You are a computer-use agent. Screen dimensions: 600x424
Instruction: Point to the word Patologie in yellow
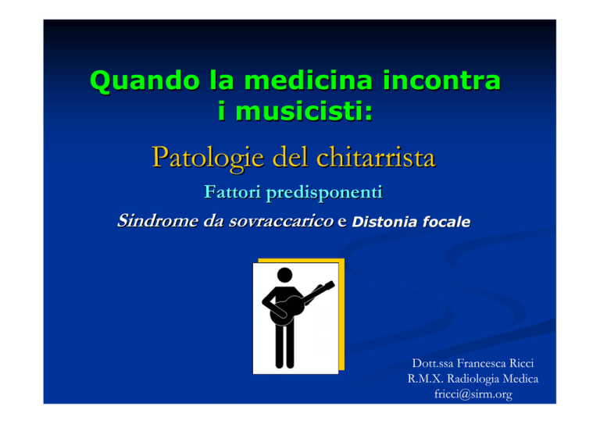tap(208, 158)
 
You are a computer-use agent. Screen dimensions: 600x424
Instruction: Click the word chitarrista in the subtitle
tap(376, 157)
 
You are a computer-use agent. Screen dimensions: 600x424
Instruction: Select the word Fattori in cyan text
tap(233, 191)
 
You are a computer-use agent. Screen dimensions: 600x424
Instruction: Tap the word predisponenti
tap(324, 193)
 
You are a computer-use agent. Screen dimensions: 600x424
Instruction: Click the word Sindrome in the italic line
tap(157, 221)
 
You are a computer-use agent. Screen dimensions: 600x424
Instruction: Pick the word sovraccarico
tap(281, 221)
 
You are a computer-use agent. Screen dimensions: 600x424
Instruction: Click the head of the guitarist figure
tap(284, 275)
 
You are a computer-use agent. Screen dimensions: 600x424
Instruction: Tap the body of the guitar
tap(287, 310)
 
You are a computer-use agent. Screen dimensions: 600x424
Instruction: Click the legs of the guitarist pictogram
tap(284, 346)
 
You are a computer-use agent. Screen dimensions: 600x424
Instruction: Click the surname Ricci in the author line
tap(522, 363)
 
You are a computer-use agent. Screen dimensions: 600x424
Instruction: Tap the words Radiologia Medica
tap(492, 379)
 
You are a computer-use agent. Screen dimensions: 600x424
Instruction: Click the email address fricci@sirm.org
tap(473, 394)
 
